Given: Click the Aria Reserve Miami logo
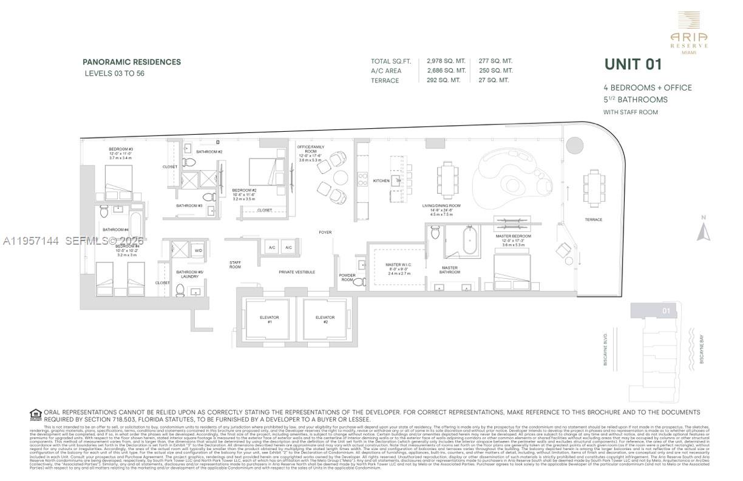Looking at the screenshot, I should pos(688,33).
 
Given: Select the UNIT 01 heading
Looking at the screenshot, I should pos(633,64).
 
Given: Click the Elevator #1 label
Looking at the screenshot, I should pos(269,319).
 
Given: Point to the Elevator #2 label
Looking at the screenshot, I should pos(325,319).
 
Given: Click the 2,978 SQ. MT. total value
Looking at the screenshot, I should pos(446,61).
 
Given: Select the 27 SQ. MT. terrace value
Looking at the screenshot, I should pos(494,80).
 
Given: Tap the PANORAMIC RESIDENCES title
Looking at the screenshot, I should pos(132,62).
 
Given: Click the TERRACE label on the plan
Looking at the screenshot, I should pos(593,219).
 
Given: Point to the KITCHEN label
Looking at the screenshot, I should pos(381,180).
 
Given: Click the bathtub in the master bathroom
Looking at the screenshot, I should pos(470,241).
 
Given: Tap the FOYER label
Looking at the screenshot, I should pos(325,233).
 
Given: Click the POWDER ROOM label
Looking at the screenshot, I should pos(347,277).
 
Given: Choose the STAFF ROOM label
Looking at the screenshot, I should pos(235,265).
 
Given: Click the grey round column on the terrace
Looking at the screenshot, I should pos(575,146).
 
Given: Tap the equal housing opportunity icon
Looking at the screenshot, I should pos(35,415).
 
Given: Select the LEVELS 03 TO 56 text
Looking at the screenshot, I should pos(114,73).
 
